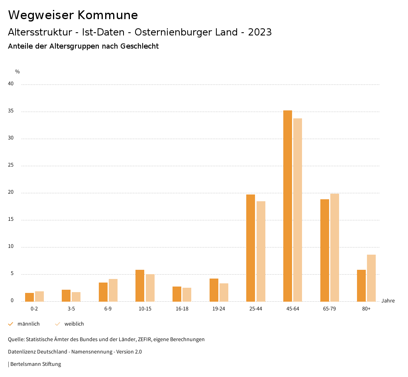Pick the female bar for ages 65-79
tap(335, 247)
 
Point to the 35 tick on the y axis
tap(11, 111)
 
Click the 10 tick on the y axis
tap(11, 247)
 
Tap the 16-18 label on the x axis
tap(182, 309)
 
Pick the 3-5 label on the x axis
tap(71, 309)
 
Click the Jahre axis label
tap(388, 301)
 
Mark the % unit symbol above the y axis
tap(18, 72)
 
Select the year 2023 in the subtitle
tap(260, 32)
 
